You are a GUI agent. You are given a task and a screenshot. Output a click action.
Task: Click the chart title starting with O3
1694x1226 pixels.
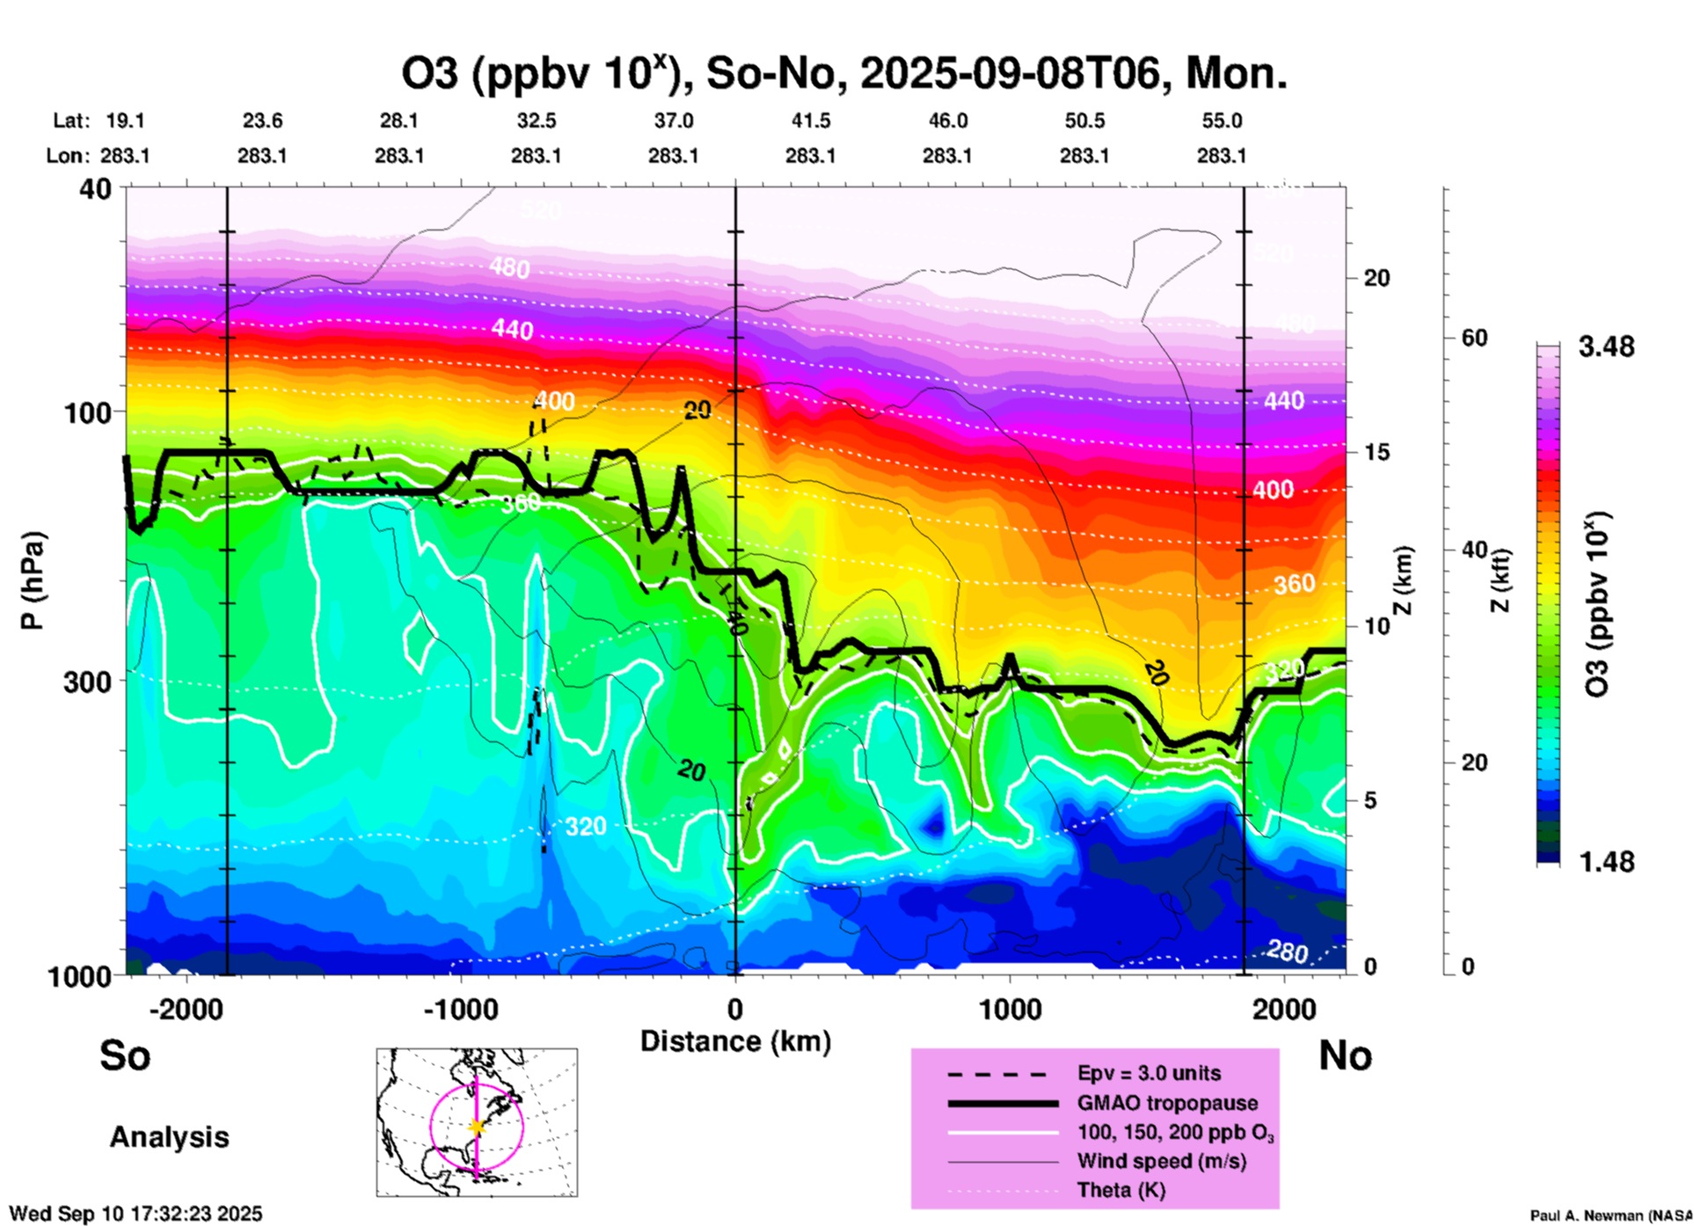(844, 74)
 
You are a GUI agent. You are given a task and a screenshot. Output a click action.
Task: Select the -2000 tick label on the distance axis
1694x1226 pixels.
(186, 1009)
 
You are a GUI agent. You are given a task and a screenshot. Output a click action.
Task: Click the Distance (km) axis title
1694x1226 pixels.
(735, 1041)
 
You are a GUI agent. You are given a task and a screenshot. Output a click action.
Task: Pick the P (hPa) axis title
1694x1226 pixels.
(33, 580)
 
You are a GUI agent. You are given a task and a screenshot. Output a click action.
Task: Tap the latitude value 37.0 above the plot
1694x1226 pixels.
(673, 121)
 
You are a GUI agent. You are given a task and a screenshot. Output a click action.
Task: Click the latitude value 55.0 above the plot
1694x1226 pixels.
(1222, 121)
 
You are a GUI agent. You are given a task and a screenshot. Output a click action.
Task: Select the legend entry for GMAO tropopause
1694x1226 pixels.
(1167, 1103)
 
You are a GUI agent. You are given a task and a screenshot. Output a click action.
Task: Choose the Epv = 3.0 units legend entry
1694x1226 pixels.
(1149, 1074)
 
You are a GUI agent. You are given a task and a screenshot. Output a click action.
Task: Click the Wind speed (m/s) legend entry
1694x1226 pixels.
(1161, 1162)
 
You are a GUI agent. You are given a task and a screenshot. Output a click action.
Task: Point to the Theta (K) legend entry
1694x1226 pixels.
(1121, 1191)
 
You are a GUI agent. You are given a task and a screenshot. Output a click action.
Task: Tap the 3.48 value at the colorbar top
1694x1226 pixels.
(1606, 347)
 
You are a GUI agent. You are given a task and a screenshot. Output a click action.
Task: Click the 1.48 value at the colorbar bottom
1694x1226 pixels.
(1606, 862)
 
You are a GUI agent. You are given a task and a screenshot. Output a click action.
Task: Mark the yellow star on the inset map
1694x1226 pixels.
(477, 1127)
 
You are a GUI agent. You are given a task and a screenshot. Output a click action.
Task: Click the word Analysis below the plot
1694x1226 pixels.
(169, 1137)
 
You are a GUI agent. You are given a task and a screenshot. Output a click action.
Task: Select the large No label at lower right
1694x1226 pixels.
(1345, 1055)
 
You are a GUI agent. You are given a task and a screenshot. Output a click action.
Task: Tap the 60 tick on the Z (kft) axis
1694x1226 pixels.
(1474, 338)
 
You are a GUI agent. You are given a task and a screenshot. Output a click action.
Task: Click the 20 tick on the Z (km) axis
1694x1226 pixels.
(1376, 278)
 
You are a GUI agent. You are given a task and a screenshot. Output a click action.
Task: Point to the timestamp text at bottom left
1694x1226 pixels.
(135, 1214)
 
